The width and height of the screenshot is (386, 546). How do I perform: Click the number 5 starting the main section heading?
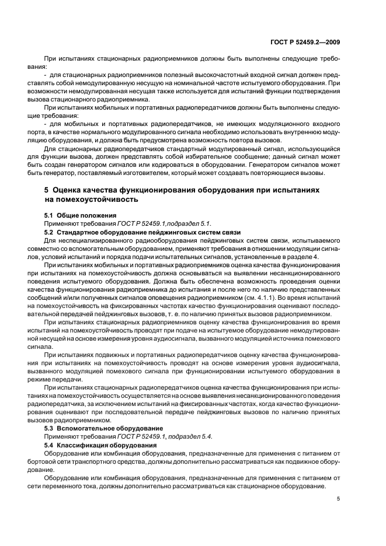(47, 191)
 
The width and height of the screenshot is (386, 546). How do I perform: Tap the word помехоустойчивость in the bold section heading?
(97, 199)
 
